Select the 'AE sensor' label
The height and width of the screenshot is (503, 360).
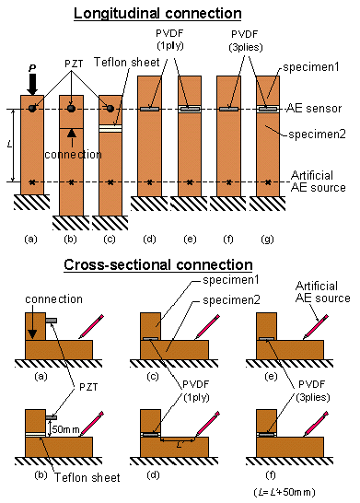click(x=316, y=109)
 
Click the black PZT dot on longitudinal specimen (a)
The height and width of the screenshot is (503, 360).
click(x=32, y=109)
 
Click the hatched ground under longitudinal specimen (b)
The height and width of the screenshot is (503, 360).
click(x=73, y=221)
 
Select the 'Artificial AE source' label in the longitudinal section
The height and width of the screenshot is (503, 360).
click(x=319, y=181)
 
